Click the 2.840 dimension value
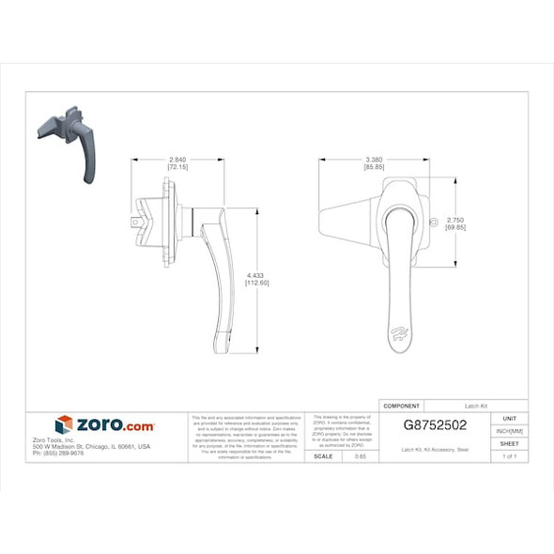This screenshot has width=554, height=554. pos(177,161)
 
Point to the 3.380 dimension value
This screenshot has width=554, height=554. pos(374,161)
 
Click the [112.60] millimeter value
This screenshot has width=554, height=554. pos(256,283)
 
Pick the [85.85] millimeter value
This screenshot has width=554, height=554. pos(374,168)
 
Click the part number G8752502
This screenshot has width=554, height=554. pos(435,424)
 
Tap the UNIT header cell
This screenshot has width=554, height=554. pos(510,418)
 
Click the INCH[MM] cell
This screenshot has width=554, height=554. pos(510,430)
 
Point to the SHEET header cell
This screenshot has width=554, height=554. pos(510,443)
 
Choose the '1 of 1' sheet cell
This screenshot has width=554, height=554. pos(510,455)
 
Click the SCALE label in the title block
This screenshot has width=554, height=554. pos(323,455)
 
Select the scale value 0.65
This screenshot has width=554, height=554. pos(361,455)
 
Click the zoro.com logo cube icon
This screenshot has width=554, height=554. pos(64,424)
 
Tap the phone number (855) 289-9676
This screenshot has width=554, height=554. pos(58,454)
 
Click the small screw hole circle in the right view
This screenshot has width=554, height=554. pos(433,222)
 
